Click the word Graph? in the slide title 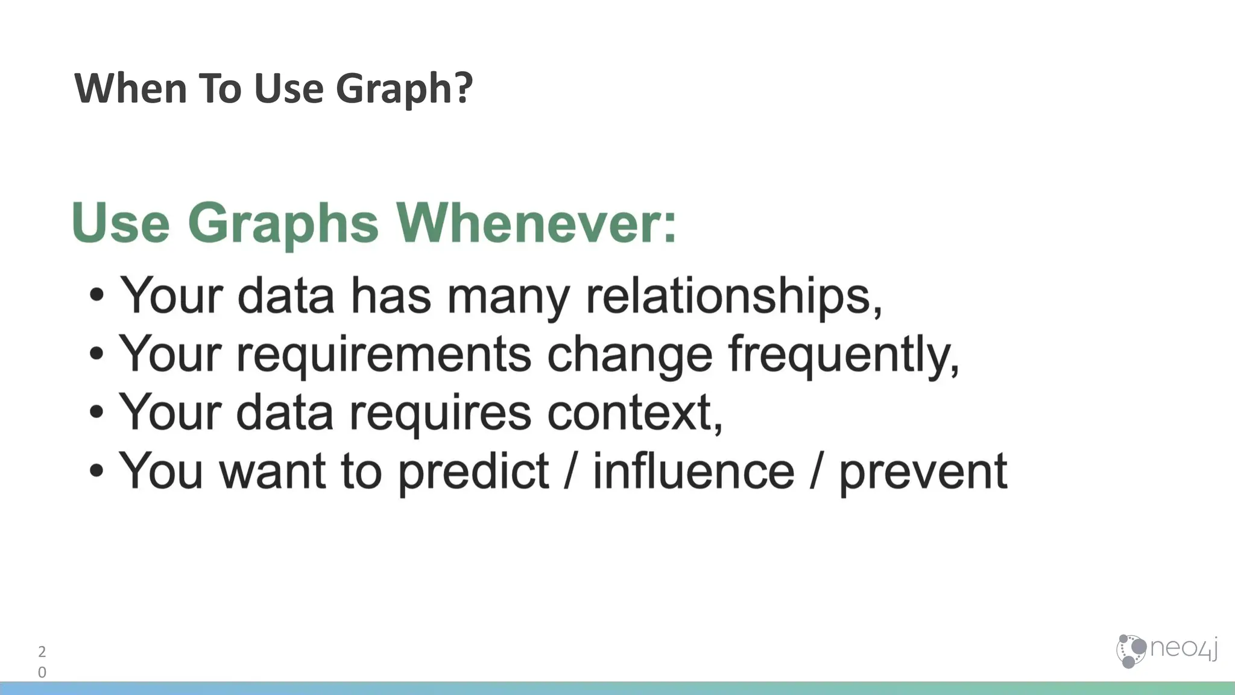tap(403, 89)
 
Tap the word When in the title tap(130, 89)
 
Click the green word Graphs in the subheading tap(283, 223)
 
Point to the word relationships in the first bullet tap(733, 296)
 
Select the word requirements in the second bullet tap(384, 355)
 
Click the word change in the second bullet tap(630, 355)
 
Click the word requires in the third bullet tap(440, 414)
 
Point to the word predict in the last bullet tap(473, 472)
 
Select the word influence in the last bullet tap(693, 472)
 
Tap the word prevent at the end tap(923, 472)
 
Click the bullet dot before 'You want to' tap(96, 471)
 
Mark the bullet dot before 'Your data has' tap(96, 296)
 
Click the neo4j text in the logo tap(1183, 649)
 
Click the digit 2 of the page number tap(42, 652)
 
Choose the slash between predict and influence tap(570, 472)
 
